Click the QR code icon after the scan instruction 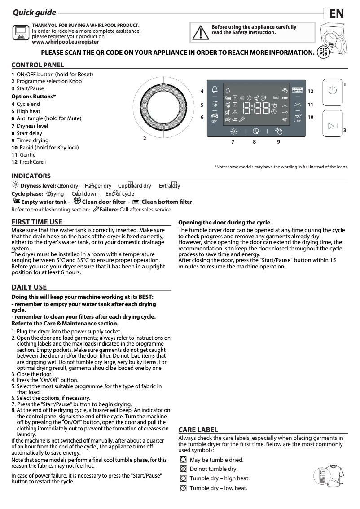[322, 52]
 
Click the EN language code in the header [337, 13]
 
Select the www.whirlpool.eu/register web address [65, 42]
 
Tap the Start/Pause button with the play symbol [332, 125]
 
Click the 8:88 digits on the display [256, 108]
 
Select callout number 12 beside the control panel [310, 91]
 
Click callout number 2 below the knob [145, 138]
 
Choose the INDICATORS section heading [31, 176]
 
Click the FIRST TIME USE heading [37, 222]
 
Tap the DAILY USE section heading [29, 287]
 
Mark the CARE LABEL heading [198, 430]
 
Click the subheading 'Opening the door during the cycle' [224, 222]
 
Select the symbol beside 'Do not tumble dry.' [183, 469]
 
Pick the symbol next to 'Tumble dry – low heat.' [183, 488]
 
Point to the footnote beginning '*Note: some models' [281, 167]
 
